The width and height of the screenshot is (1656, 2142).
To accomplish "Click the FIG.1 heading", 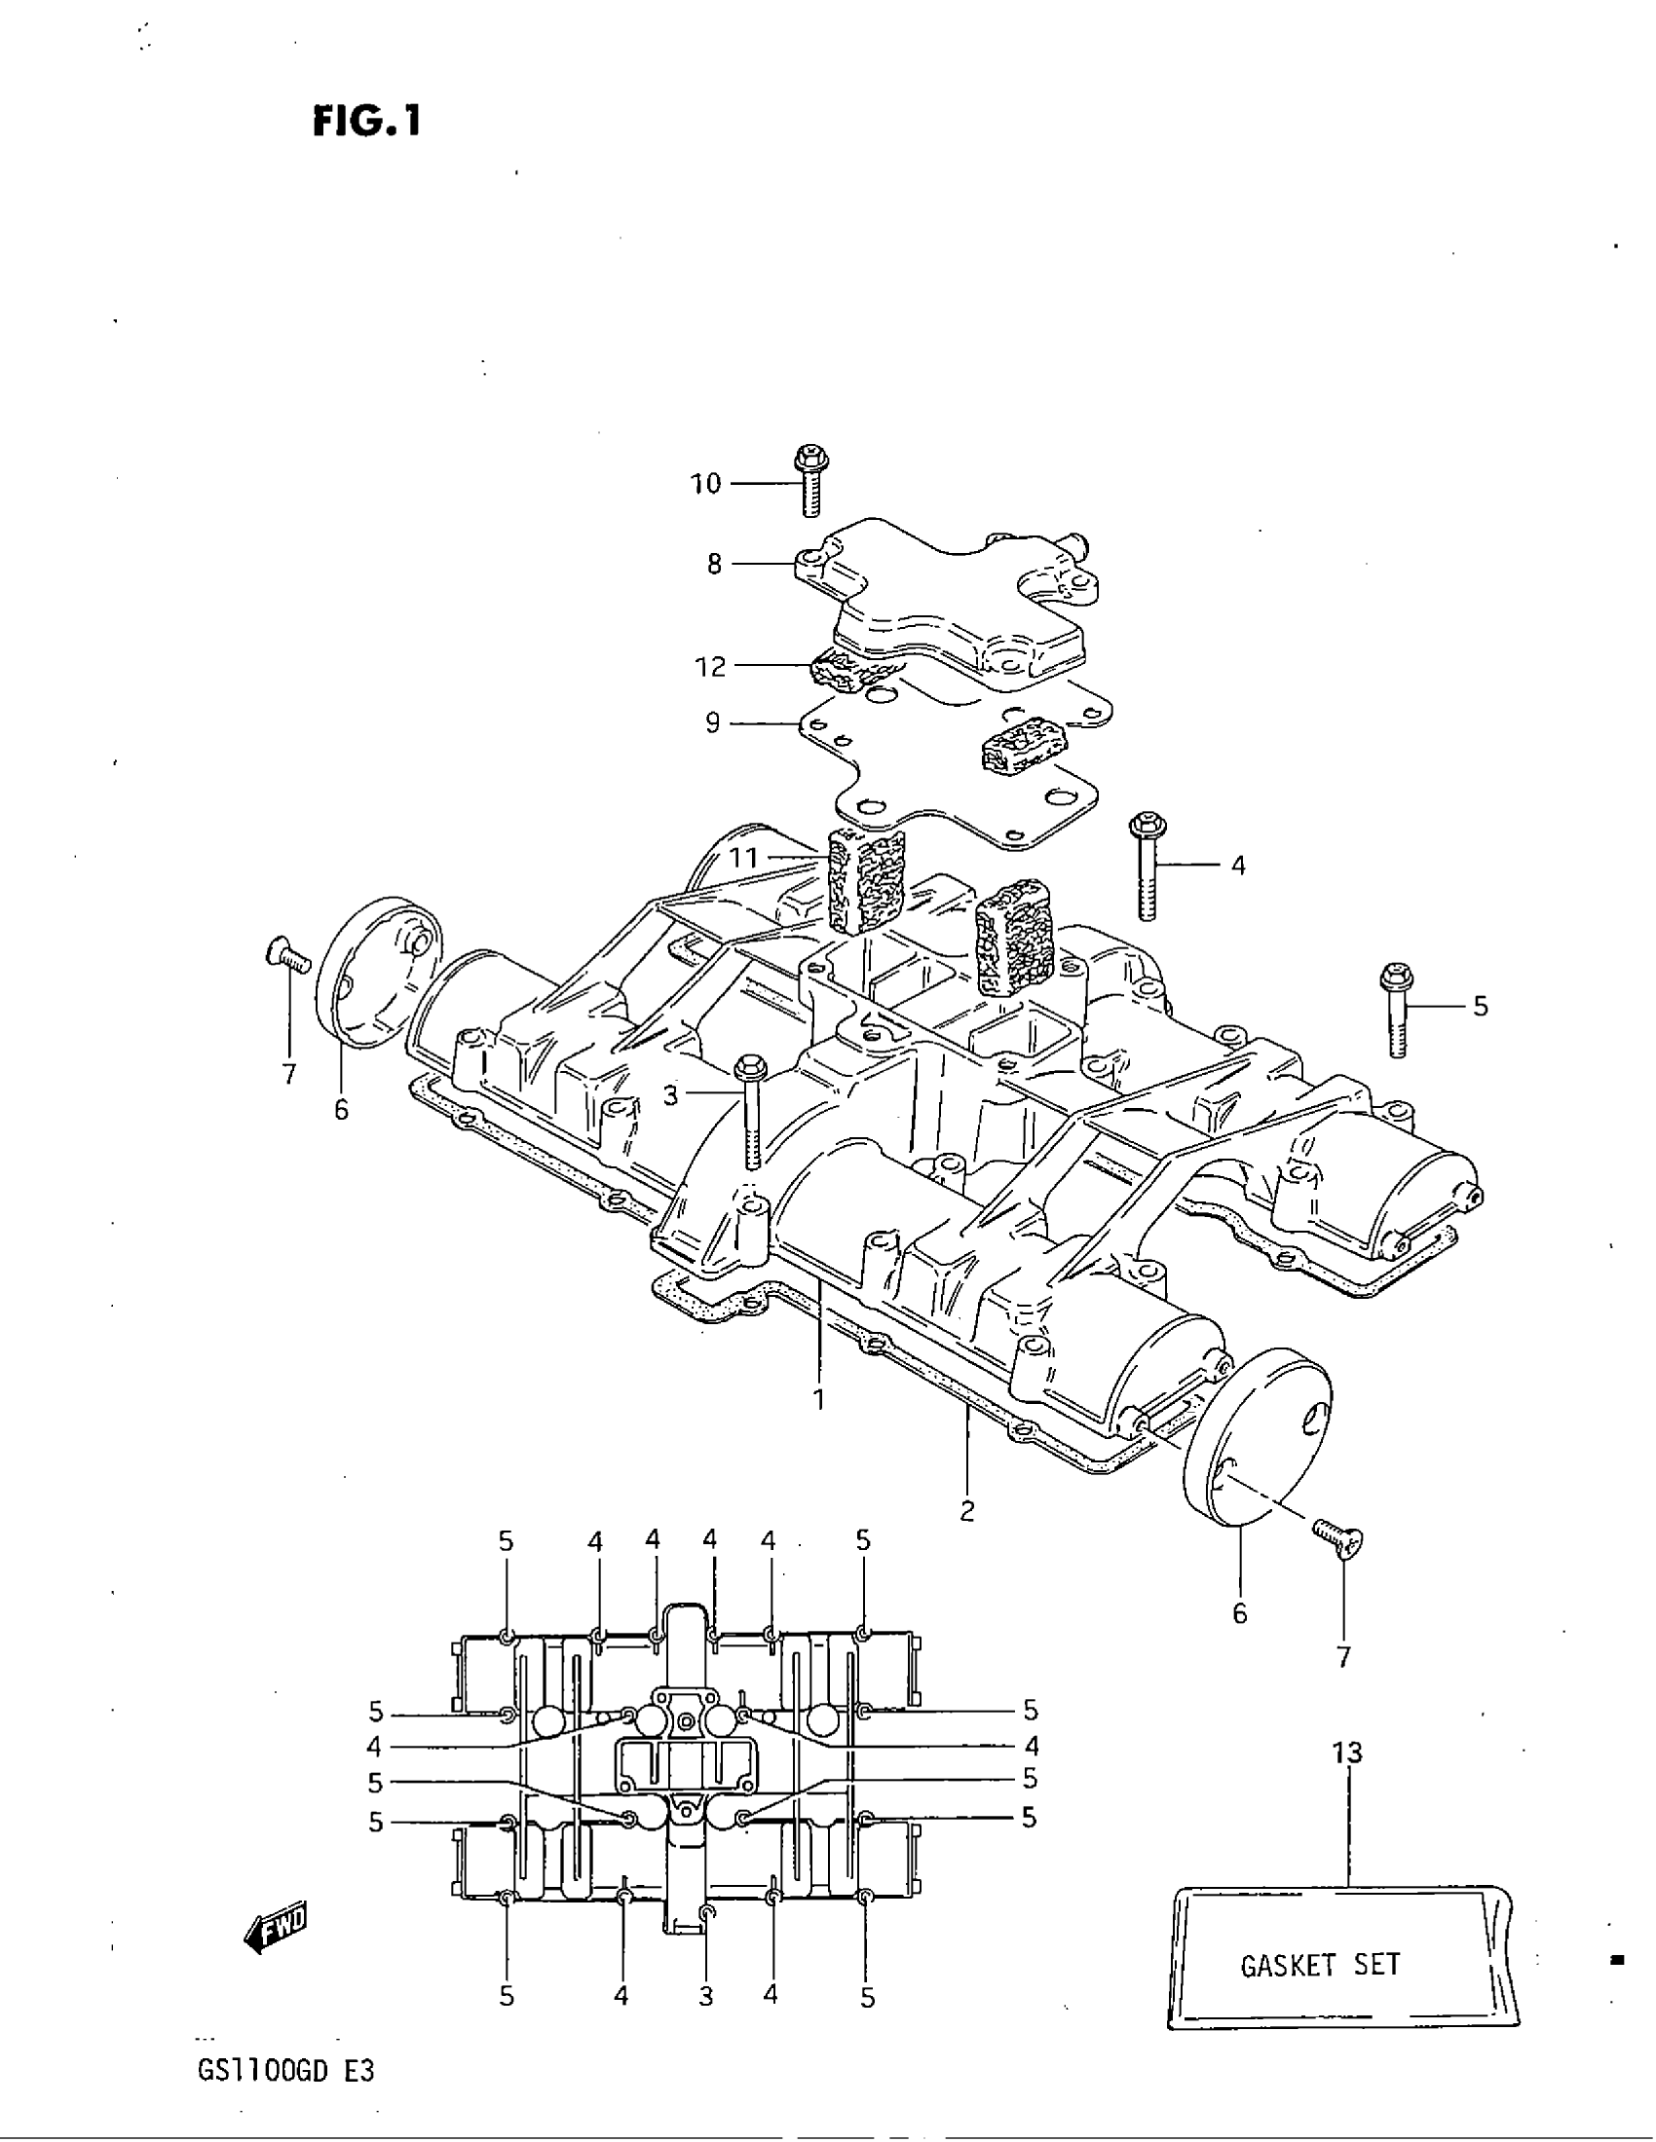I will (367, 122).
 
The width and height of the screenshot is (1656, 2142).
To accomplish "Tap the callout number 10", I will (705, 484).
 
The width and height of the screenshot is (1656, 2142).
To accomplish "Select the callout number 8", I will (714, 564).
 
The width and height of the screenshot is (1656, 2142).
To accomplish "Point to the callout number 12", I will (710, 667).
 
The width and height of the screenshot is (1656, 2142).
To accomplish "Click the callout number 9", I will (712, 722).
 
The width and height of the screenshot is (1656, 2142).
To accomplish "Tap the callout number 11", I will (743, 858).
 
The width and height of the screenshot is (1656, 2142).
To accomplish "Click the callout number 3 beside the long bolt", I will (670, 1095).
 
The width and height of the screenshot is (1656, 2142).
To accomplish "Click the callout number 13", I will (1348, 1753).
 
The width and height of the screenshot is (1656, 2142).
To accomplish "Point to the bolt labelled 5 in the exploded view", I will (1396, 1011).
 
